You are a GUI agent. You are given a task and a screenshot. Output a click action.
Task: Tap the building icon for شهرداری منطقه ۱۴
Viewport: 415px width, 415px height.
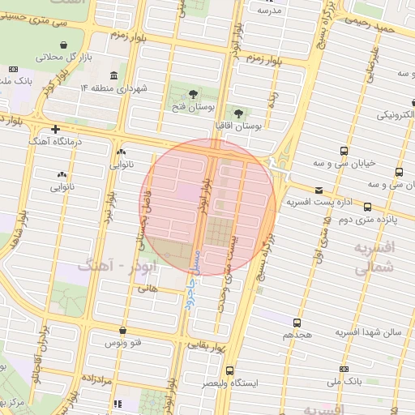[x=112, y=76]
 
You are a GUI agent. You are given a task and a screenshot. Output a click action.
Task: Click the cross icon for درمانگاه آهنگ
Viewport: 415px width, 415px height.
[x=55, y=129]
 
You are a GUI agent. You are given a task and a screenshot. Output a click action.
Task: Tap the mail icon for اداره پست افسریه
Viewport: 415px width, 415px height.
[x=318, y=190]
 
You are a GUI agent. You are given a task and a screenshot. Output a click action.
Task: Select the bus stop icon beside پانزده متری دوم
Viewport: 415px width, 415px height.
[x=368, y=207]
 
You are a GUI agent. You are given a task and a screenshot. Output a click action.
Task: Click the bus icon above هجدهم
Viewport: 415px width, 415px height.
[x=297, y=323]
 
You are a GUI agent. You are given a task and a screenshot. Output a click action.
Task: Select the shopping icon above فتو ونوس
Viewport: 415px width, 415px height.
[x=122, y=331]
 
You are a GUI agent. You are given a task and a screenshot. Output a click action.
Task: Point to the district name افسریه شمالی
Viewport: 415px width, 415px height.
[x=374, y=255]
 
